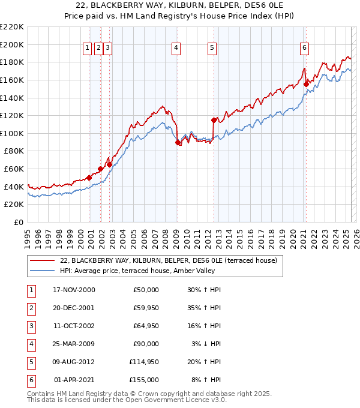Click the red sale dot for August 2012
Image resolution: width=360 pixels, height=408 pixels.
tap(214, 120)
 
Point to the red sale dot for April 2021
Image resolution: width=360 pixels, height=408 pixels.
tap(305, 85)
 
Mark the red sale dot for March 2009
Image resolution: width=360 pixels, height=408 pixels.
tap(178, 142)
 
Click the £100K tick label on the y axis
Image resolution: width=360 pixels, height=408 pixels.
tap(12, 133)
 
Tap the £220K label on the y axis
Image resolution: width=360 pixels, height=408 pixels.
tap(12, 26)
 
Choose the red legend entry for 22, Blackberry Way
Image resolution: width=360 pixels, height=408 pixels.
tap(168, 261)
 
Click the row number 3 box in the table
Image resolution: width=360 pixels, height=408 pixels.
tap(31, 326)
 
